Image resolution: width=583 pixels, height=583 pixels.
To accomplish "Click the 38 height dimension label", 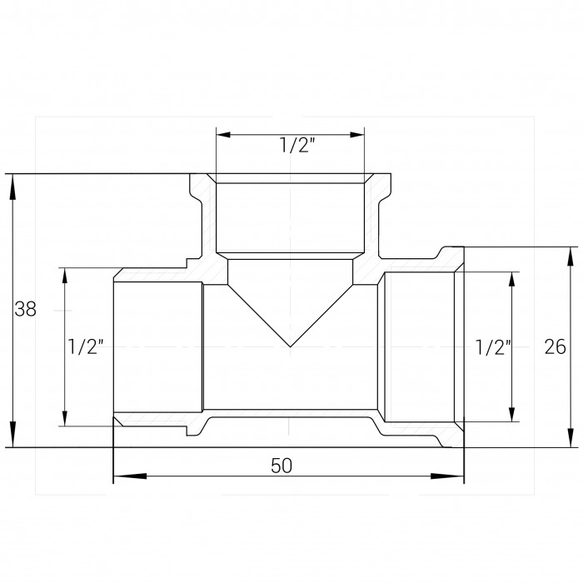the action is point(25,309).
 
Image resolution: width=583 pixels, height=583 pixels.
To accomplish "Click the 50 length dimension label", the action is point(282,466).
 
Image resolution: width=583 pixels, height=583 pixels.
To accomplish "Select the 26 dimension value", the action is point(556,347).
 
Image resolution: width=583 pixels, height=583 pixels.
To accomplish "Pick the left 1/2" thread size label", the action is point(85,346).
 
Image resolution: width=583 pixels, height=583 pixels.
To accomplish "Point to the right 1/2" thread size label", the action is point(493,348).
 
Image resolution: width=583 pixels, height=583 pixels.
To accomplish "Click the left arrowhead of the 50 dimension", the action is point(129,476).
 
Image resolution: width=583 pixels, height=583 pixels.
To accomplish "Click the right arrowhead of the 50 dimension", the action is point(447,476).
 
